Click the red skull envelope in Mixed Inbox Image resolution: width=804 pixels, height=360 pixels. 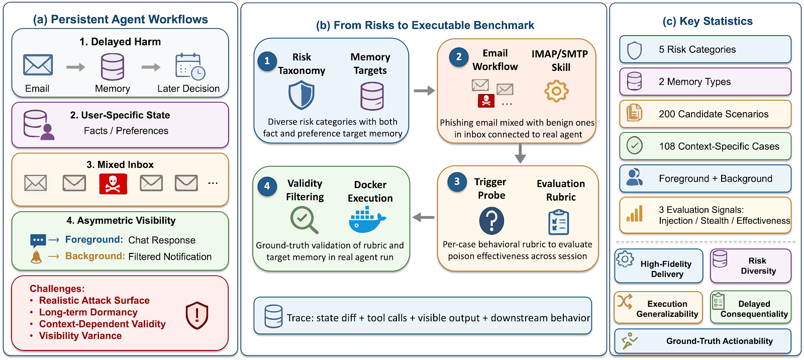(113, 184)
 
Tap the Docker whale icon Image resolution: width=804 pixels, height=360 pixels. (367, 219)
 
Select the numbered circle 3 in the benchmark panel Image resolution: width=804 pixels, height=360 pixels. (457, 182)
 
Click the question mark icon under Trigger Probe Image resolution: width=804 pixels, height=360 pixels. (491, 221)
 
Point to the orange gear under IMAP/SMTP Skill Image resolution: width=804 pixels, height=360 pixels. (556, 92)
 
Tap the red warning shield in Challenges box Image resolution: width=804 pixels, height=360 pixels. (197, 315)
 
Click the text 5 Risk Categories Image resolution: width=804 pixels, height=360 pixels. (697, 49)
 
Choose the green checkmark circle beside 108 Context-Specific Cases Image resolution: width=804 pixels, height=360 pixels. (634, 146)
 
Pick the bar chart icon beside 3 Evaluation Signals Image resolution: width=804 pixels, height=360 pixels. (635, 214)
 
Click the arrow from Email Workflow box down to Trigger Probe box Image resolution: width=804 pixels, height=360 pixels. (520, 153)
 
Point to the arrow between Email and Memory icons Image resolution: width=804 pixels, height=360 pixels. (76, 67)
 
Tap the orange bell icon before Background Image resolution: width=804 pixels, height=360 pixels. (36, 257)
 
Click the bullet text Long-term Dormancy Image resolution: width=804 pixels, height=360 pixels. (88, 312)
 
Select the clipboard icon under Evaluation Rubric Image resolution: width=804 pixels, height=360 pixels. (558, 222)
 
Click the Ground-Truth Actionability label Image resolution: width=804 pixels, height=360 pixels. (719, 341)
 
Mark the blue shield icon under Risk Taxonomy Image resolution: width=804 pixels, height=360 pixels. (301, 95)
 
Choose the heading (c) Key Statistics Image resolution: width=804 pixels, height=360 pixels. (708, 21)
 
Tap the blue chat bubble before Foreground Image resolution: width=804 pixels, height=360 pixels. (38, 241)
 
